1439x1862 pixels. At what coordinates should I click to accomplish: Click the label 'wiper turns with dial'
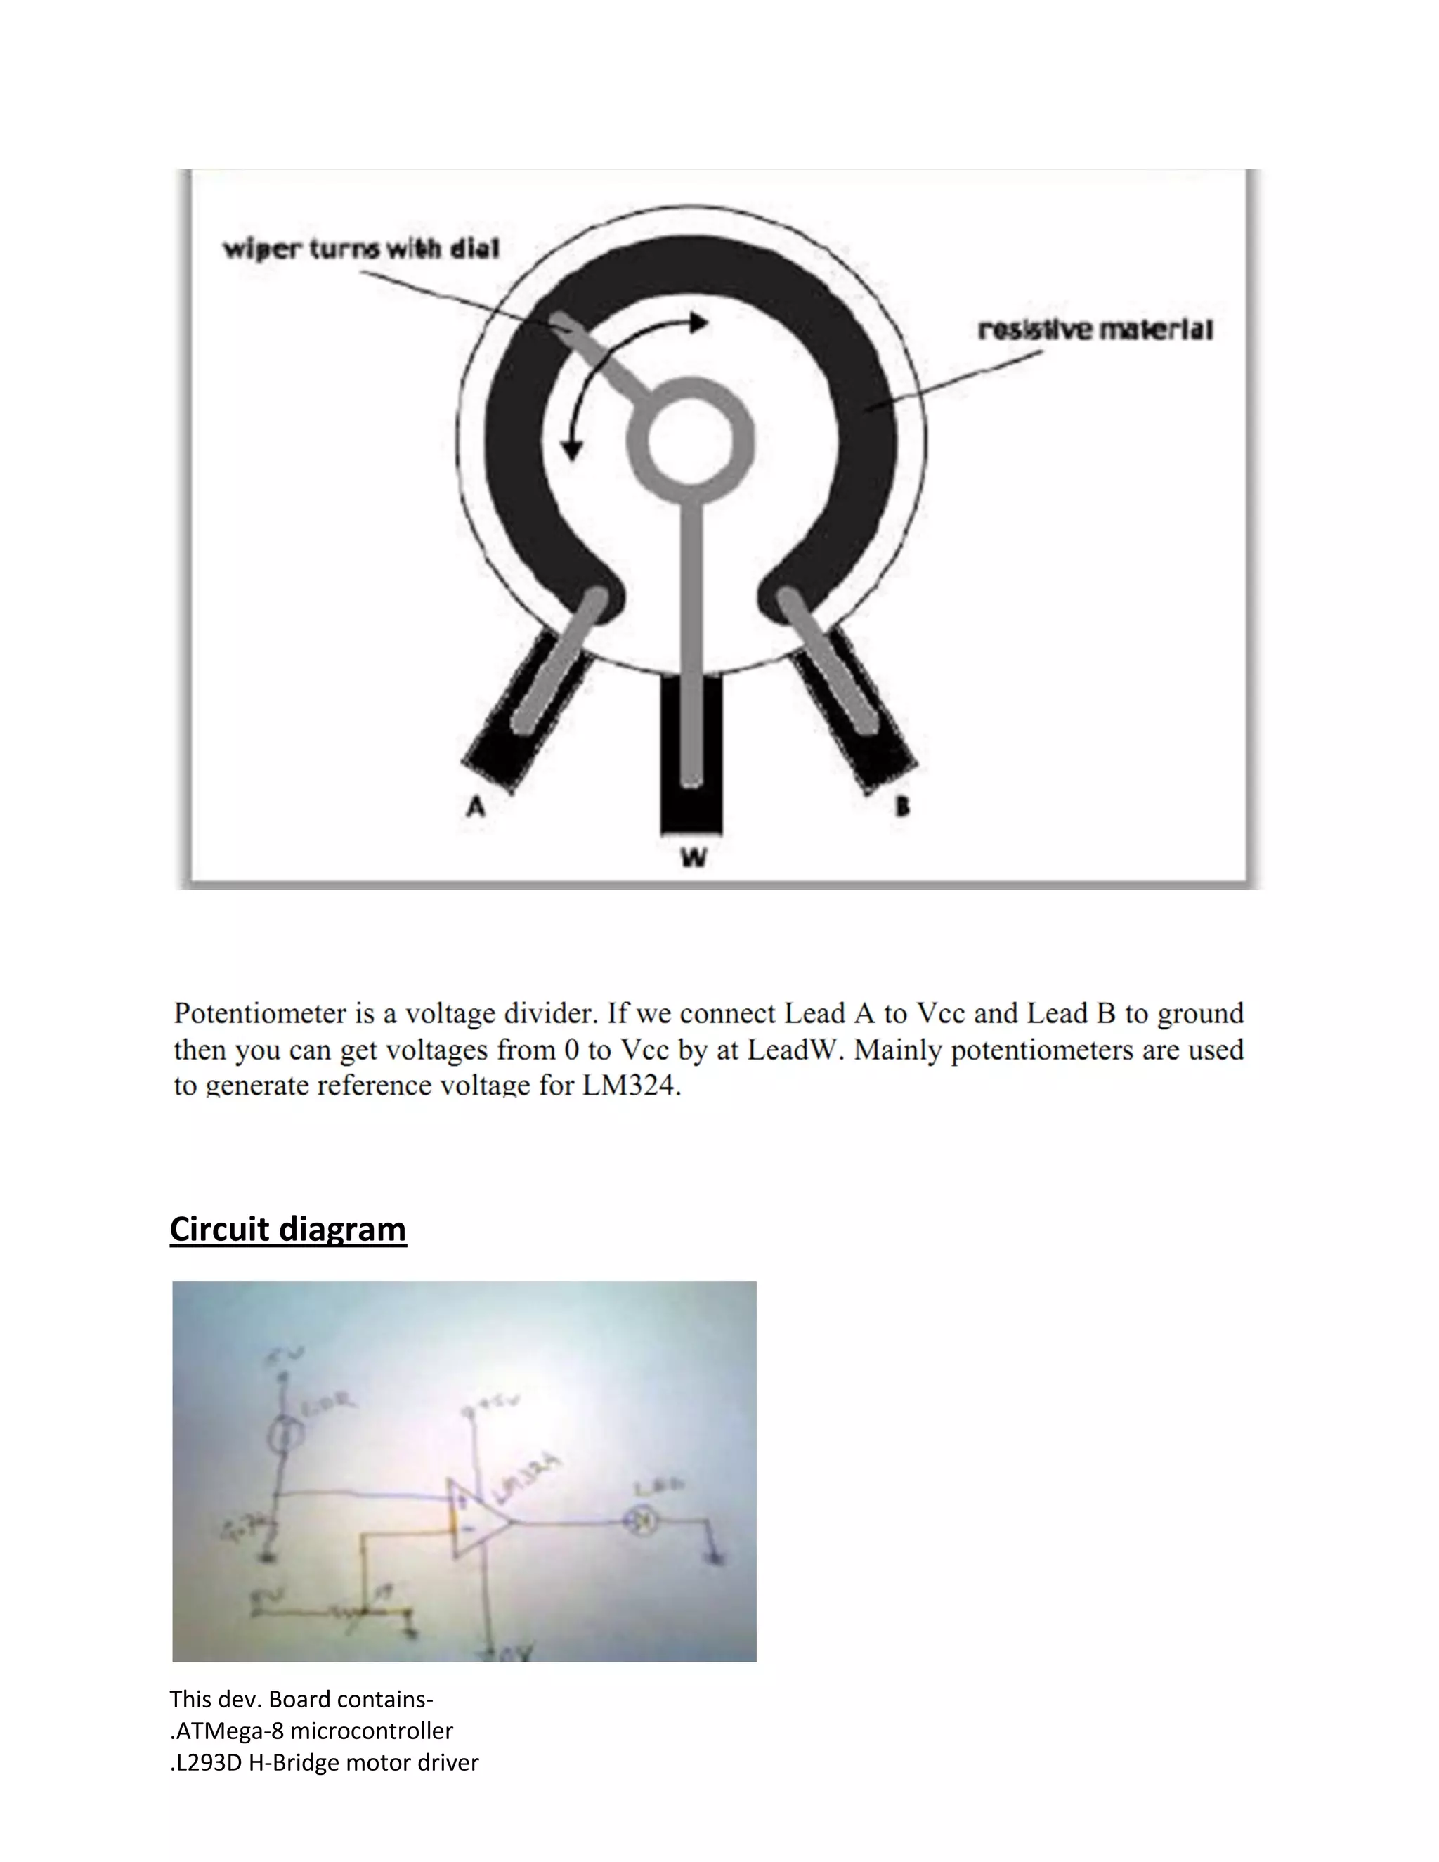[x=360, y=249]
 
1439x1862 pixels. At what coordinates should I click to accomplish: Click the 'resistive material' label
[x=1095, y=330]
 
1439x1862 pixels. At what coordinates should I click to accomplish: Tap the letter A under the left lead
[x=476, y=806]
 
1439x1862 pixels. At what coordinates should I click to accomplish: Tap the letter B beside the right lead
[x=902, y=806]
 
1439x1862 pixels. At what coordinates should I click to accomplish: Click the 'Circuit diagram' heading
[x=288, y=1228]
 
